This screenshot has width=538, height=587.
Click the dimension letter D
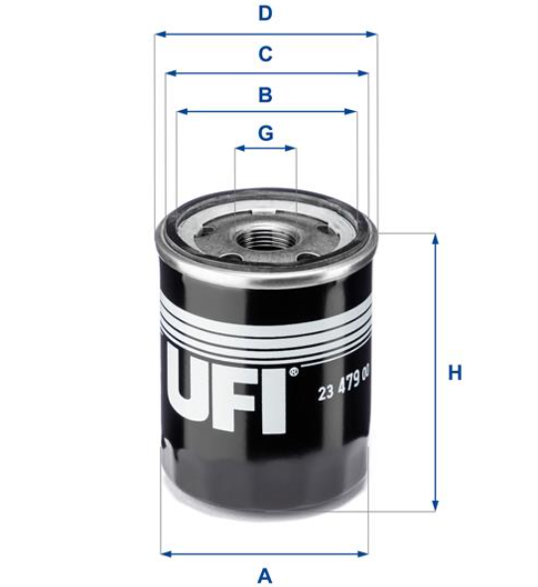coord(265,14)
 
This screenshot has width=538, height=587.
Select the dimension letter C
coord(265,54)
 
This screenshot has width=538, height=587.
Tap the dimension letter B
coord(265,94)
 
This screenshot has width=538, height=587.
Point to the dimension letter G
coord(266,133)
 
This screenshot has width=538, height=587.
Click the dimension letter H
coord(456,373)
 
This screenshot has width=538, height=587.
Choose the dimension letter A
coord(265,575)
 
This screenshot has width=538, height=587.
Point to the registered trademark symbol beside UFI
coord(294,372)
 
